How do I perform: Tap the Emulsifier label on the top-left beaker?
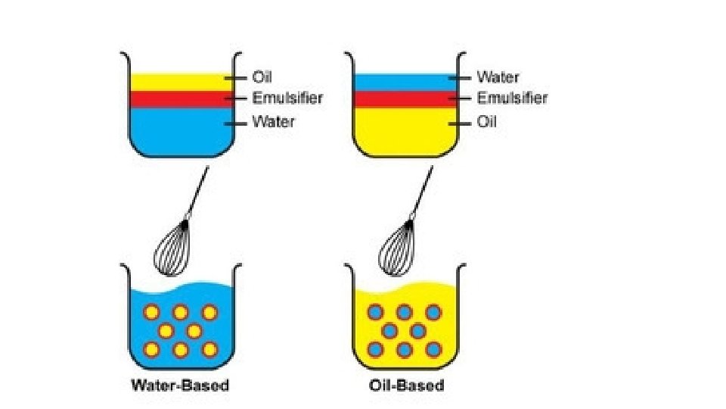click(287, 98)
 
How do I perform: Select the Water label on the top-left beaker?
click(273, 121)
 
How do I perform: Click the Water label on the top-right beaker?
click(498, 76)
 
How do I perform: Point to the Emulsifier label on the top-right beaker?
click(512, 98)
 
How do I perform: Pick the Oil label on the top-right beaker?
click(487, 121)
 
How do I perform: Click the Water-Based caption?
click(180, 386)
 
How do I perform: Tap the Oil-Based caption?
click(406, 386)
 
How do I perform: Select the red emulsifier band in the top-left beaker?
click(180, 99)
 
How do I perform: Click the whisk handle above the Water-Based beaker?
click(197, 192)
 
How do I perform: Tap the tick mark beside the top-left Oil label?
click(237, 76)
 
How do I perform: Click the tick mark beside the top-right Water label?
click(461, 76)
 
